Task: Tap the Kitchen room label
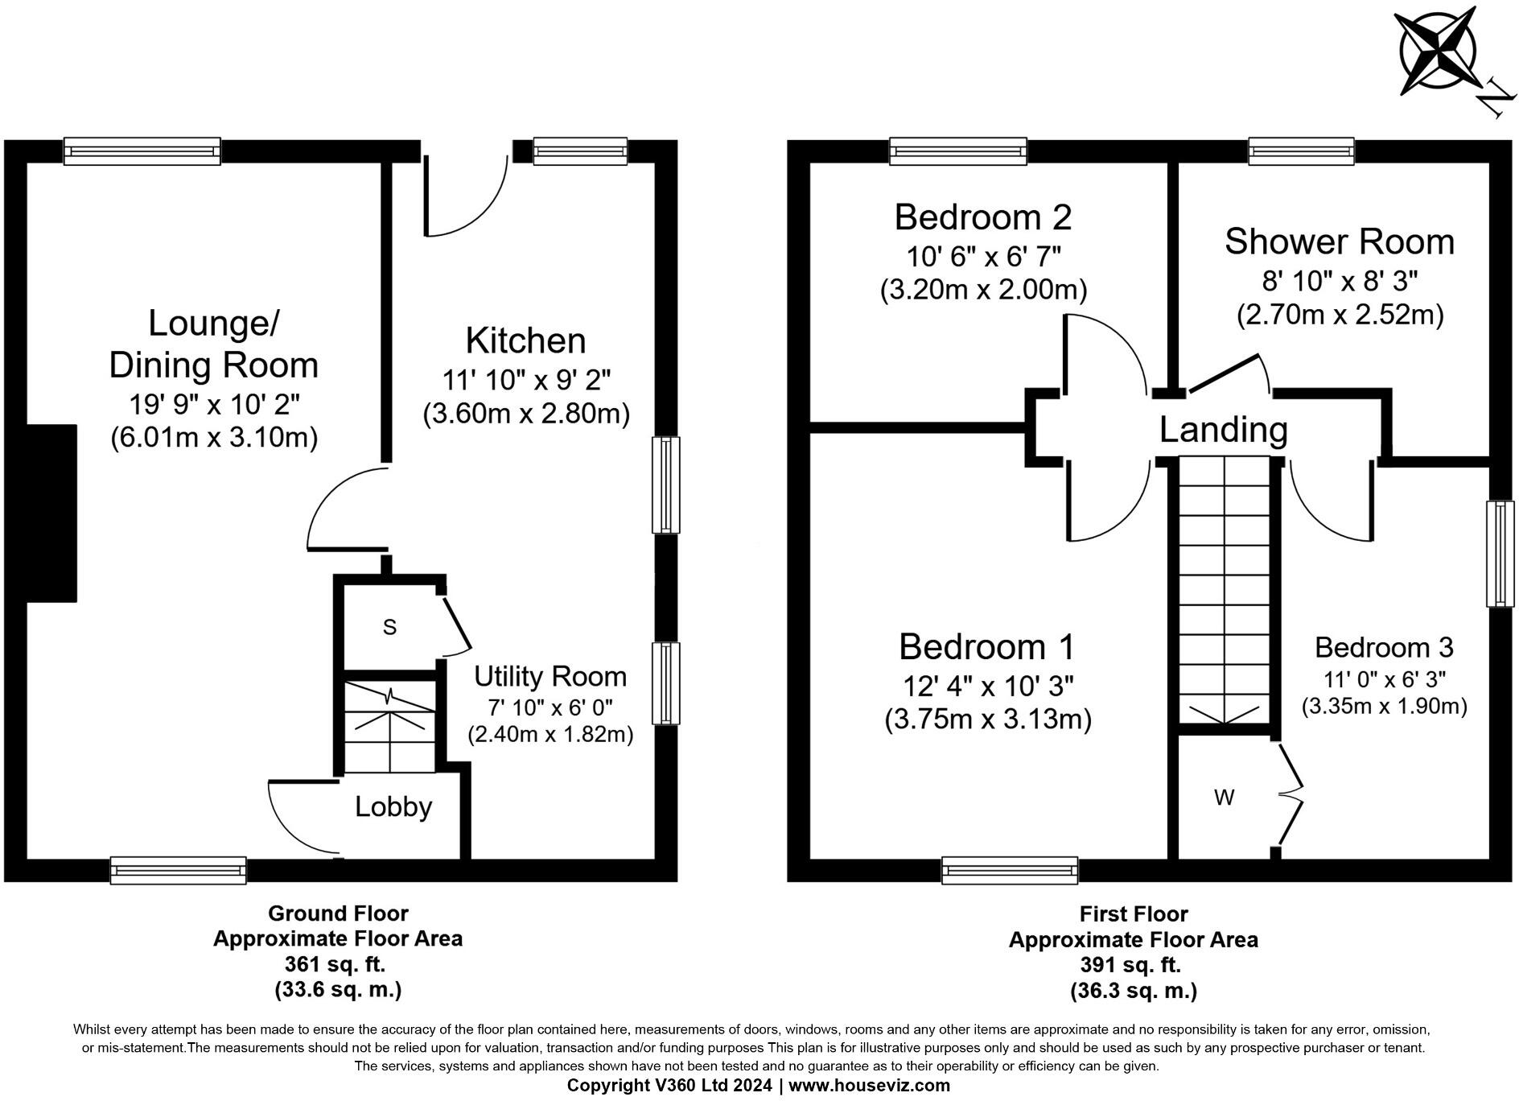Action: tap(525, 341)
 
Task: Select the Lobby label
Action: tap(393, 806)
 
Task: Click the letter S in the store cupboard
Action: tap(389, 627)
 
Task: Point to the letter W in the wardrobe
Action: tap(1224, 798)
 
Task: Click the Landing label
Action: tap(1223, 430)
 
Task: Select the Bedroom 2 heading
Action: tap(982, 217)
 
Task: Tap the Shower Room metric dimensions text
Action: tap(1340, 315)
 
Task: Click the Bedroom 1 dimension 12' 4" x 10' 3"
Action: tap(988, 686)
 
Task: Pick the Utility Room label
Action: tap(550, 676)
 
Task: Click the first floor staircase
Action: tap(1224, 588)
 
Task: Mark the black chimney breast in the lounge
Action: tap(51, 513)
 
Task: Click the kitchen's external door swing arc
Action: tap(471, 201)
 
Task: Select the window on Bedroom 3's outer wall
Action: tap(1500, 553)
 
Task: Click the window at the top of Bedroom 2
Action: tap(957, 151)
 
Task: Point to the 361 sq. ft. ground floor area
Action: tap(337, 963)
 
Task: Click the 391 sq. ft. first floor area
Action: tap(1133, 964)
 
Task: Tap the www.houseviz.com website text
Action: tap(869, 1085)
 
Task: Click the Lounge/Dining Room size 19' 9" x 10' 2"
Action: tap(213, 404)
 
